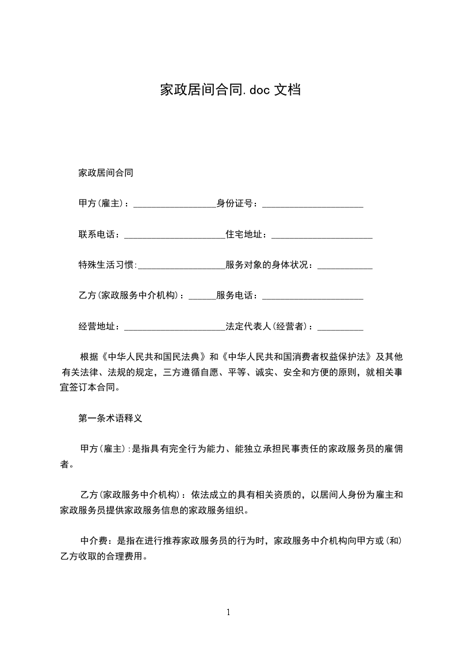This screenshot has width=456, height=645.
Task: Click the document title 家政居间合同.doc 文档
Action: click(x=230, y=90)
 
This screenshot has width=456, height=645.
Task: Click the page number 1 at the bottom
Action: click(x=228, y=612)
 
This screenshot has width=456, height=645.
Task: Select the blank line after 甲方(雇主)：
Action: click(x=174, y=205)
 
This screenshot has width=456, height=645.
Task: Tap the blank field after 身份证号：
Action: click(x=312, y=205)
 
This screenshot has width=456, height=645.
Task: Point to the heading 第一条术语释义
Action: click(x=110, y=419)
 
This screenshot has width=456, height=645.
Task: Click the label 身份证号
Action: click(x=234, y=203)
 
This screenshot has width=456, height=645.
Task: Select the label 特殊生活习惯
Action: click(x=106, y=265)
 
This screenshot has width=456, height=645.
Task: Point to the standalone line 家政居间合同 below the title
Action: click(x=106, y=172)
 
